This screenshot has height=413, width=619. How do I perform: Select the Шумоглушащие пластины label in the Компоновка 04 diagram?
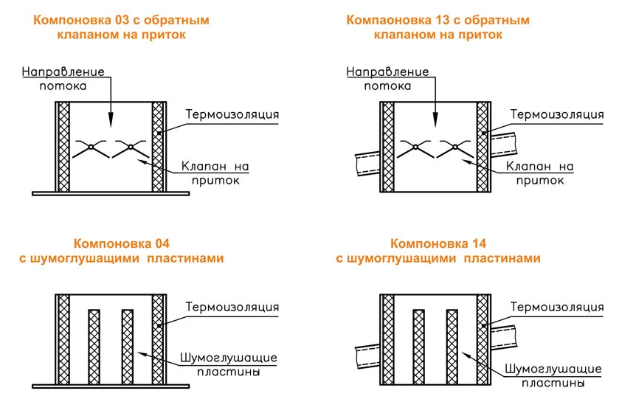pyautogui.click(x=228, y=364)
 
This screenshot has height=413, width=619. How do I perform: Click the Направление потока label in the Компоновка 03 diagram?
pyautogui.click(x=63, y=79)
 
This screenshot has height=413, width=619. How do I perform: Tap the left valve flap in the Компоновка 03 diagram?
pyautogui.click(x=90, y=149)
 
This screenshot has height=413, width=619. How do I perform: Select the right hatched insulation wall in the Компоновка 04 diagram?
pyautogui.click(x=158, y=339)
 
